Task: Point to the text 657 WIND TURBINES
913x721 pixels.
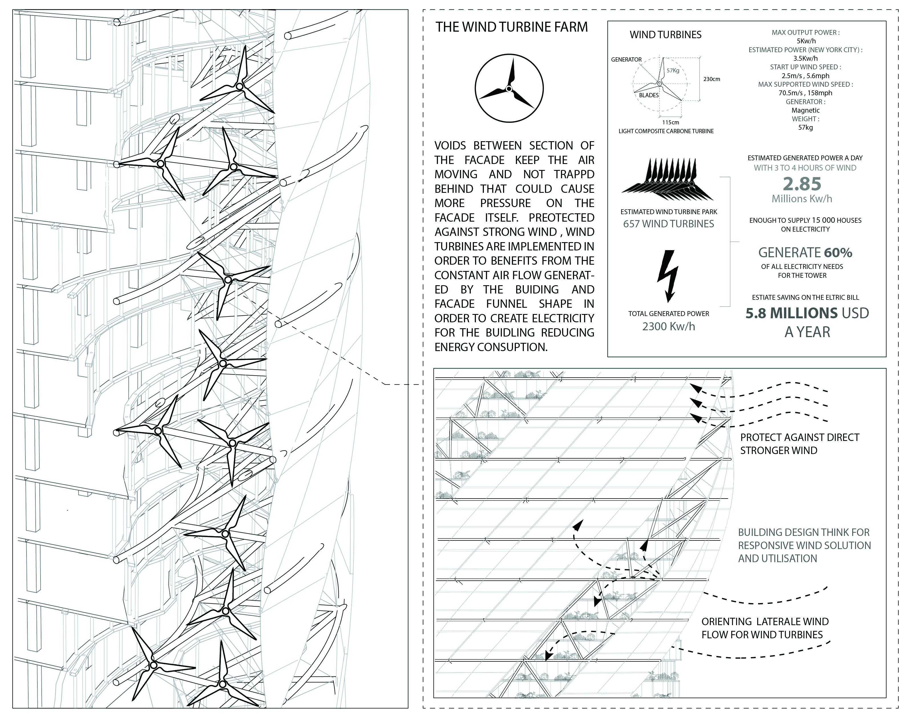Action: pyautogui.click(x=668, y=224)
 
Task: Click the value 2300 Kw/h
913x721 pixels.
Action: pyautogui.click(x=668, y=326)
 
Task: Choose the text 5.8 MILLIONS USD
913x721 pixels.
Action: pyautogui.click(x=807, y=313)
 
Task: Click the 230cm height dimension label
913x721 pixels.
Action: pyautogui.click(x=712, y=79)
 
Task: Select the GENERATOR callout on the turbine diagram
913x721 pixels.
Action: pyautogui.click(x=626, y=60)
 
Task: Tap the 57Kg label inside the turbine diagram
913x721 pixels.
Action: pyautogui.click(x=673, y=70)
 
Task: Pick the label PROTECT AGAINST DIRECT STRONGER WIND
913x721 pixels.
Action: pyautogui.click(x=799, y=444)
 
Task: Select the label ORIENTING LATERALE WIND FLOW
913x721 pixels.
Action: pyautogui.click(x=765, y=628)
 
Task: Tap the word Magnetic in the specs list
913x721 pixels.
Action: pyautogui.click(x=805, y=110)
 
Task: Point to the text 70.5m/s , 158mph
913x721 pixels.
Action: pyautogui.click(x=805, y=93)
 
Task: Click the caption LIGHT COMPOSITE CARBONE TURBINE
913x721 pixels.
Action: pyautogui.click(x=666, y=131)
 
